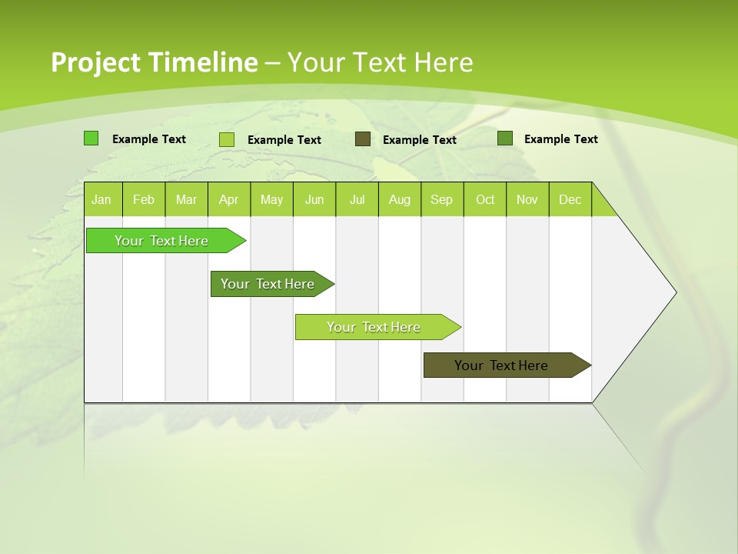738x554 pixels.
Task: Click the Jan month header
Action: (102, 199)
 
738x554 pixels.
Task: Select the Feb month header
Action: (144, 199)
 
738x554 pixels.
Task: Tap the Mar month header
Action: (186, 199)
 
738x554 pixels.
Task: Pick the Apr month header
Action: (229, 199)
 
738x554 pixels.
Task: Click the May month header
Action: (271, 199)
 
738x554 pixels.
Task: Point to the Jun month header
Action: (314, 199)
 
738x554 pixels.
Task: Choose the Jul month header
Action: (357, 199)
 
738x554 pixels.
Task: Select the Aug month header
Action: (400, 199)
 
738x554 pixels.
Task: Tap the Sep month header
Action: (442, 199)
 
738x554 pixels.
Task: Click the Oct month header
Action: (485, 199)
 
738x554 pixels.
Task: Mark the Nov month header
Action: (527, 199)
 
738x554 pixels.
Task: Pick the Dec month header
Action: (570, 199)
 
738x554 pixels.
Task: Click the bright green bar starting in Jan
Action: (162, 241)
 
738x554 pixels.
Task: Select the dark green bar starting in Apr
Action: (268, 284)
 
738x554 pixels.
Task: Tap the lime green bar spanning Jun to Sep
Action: (374, 327)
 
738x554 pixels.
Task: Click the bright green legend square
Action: (91, 138)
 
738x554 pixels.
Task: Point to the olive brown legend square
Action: (363, 139)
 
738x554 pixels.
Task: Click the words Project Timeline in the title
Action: (154, 62)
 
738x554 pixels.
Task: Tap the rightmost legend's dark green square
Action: (505, 138)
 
